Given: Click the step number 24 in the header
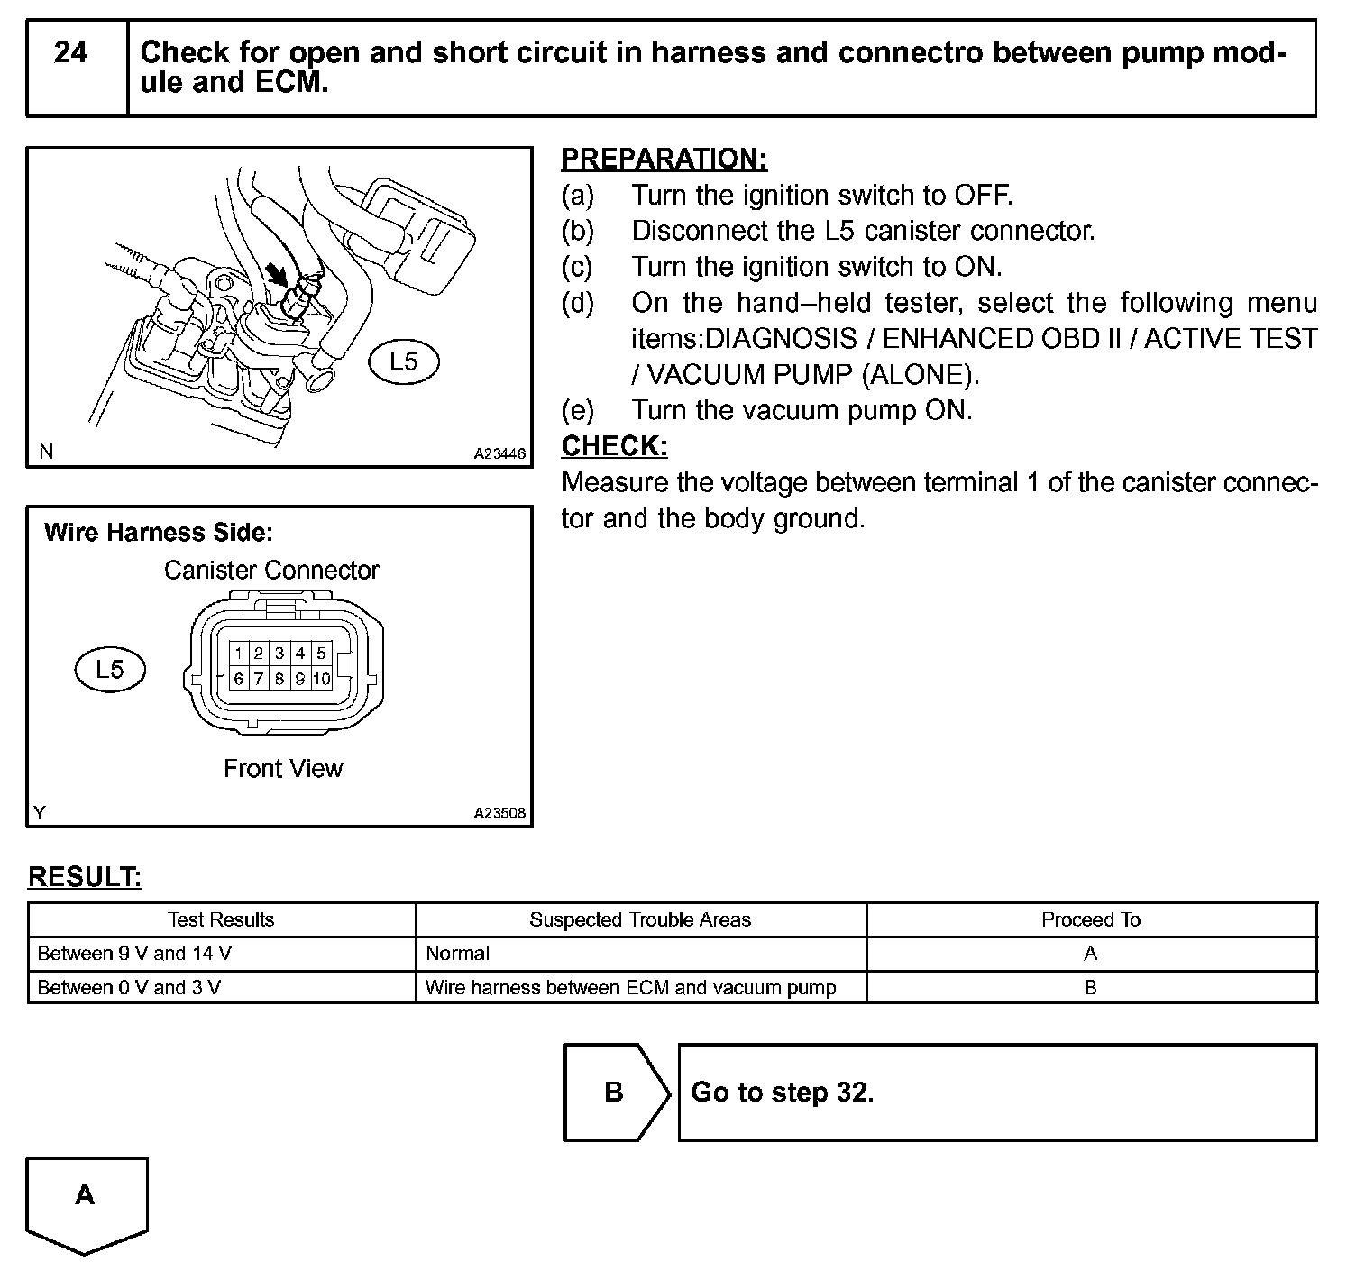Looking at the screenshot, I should point(70,53).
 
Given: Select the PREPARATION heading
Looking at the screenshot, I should point(664,159).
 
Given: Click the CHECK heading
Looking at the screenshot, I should point(614,446).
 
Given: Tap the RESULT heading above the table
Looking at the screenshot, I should point(85,877).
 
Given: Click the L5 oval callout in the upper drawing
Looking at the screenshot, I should point(404,362).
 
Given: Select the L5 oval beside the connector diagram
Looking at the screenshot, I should point(110,669).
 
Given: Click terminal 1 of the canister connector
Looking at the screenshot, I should point(238,653).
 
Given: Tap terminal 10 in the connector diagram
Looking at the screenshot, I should point(322,679).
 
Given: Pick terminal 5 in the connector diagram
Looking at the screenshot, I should point(322,653).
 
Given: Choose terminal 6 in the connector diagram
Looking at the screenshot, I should point(238,679).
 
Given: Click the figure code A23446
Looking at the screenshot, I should point(499,453).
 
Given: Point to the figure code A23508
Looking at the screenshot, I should point(499,813).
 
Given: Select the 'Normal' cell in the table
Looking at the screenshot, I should point(458,954).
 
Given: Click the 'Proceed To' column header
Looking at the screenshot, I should point(1091,919).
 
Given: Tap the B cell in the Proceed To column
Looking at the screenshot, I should point(1091,988).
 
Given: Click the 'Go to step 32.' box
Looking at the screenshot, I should point(996,1093).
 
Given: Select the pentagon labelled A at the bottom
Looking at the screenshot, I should point(86,1202).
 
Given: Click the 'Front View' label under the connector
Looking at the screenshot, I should point(283,769).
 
